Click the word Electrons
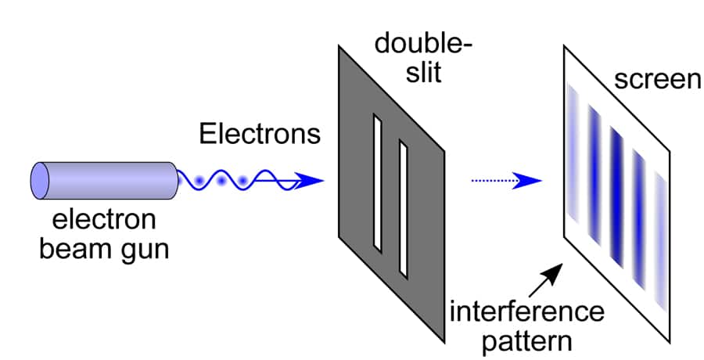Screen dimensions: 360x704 click(x=260, y=134)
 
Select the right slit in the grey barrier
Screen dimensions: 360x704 click(x=404, y=208)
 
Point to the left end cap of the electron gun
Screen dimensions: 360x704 click(x=39, y=180)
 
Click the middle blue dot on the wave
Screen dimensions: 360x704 click(x=222, y=182)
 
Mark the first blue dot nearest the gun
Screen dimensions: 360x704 click(x=199, y=182)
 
